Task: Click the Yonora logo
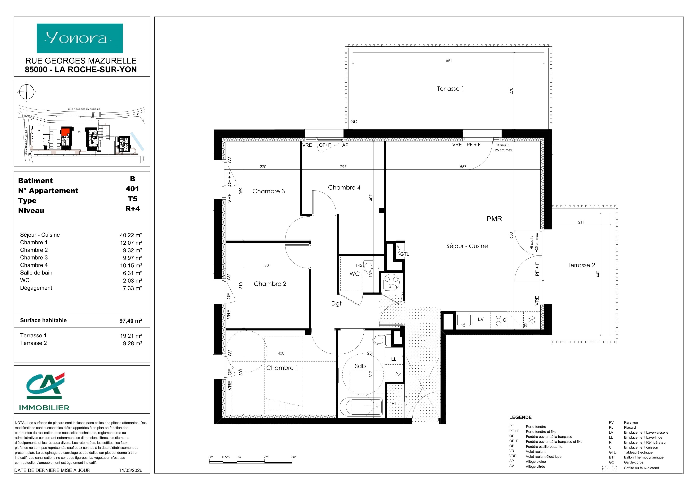[x=80, y=38]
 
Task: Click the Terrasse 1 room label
[x=450, y=89]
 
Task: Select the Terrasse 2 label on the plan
[x=581, y=265]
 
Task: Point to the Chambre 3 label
[x=268, y=191]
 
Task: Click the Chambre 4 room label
[x=344, y=188]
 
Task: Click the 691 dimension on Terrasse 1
[x=449, y=60]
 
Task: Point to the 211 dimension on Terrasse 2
[x=581, y=222]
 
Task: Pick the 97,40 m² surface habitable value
[x=131, y=320]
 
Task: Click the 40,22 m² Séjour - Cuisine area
[x=131, y=235]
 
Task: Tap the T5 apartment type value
[x=132, y=199]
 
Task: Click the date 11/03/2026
[x=131, y=470]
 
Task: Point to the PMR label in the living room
[x=494, y=219]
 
